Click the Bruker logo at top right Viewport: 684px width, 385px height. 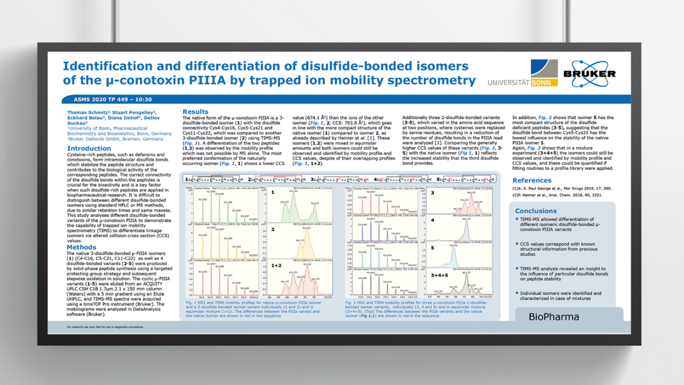point(589,73)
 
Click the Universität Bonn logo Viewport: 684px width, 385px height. point(523,74)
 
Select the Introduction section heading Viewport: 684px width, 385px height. point(89,149)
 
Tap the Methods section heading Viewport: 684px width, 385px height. point(81,247)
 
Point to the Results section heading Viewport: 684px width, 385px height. point(196,112)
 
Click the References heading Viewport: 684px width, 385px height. point(532,180)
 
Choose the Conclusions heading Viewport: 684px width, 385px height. point(535,211)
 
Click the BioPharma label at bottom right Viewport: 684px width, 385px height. point(554,317)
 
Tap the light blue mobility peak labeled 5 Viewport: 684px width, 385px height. point(454,259)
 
